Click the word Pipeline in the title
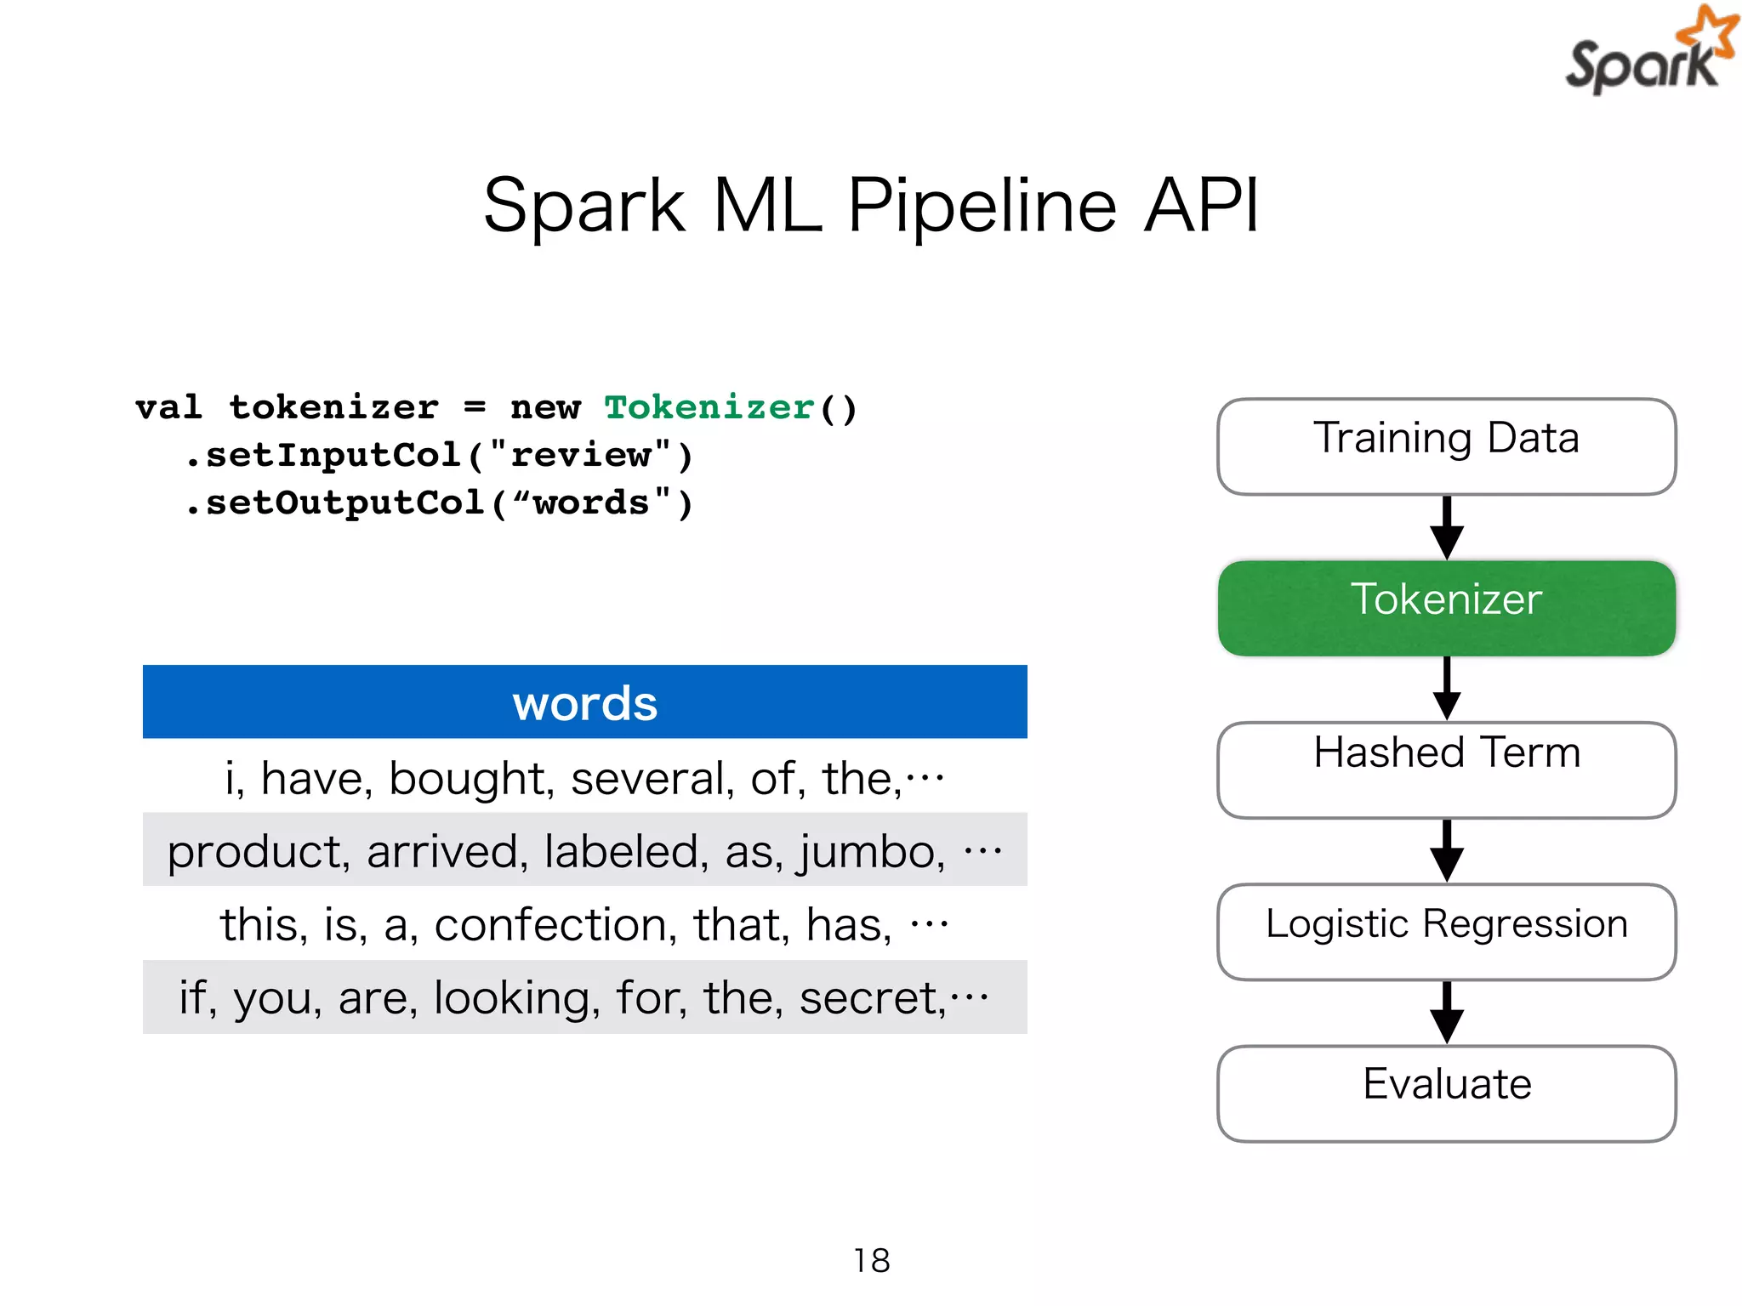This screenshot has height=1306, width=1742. pyautogui.click(x=982, y=206)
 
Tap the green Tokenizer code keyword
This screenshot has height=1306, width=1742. pyautogui.click(x=709, y=407)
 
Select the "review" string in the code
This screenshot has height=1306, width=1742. pyautogui.click(x=583, y=455)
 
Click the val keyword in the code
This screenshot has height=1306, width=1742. pyautogui.click(x=168, y=407)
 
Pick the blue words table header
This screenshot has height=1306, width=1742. pyautogui.click(x=584, y=702)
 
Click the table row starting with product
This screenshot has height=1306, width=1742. pyautogui.click(x=584, y=850)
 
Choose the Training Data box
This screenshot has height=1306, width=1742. pyautogui.click(x=1446, y=446)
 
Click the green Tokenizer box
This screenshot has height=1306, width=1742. pyautogui.click(x=1446, y=607)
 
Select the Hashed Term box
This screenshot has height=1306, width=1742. pyautogui.click(x=1446, y=769)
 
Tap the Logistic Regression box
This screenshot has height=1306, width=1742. pyautogui.click(x=1446, y=931)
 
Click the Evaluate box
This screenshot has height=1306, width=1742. pyautogui.click(x=1446, y=1093)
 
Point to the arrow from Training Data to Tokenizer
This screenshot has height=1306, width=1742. pyautogui.click(x=1446, y=527)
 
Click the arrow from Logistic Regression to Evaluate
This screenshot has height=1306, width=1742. pyautogui.click(x=1446, y=1012)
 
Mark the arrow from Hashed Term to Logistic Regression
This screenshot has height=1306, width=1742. pyautogui.click(x=1446, y=850)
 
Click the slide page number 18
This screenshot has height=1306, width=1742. pyautogui.click(x=871, y=1260)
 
